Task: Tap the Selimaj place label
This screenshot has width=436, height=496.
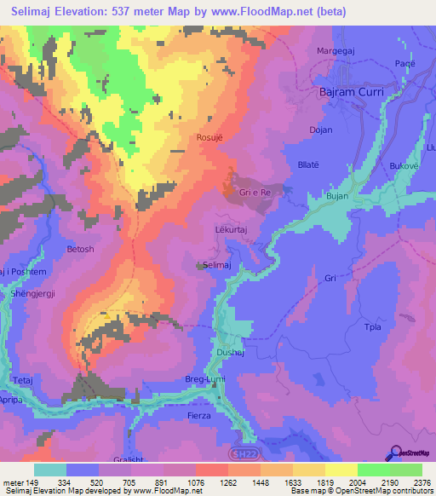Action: coord(219,266)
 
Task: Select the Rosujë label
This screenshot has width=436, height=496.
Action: coord(209,136)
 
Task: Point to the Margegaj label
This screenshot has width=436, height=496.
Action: coord(336,49)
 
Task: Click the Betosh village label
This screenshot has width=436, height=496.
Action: coord(81,250)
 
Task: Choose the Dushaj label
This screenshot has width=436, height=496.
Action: coord(231,350)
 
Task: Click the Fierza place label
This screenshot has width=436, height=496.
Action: coord(201,415)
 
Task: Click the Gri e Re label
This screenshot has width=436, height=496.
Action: coord(255,193)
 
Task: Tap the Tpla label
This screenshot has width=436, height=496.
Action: coord(372,327)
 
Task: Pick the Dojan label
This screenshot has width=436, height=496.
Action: coord(321,130)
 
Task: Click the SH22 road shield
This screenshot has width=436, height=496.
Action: coord(243,454)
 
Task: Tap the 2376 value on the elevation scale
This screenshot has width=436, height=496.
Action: coord(421,482)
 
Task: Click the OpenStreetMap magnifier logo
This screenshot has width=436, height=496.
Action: coord(394,453)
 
